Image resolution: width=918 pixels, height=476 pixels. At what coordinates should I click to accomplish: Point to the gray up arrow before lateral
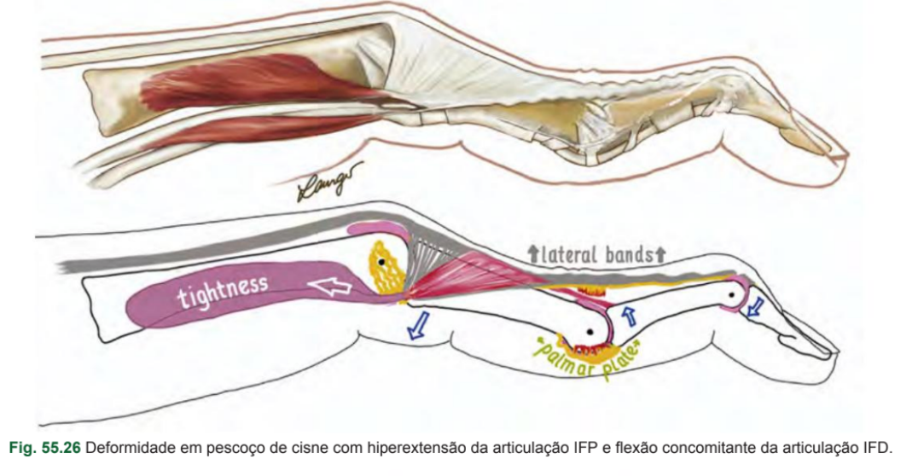[534, 253]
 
